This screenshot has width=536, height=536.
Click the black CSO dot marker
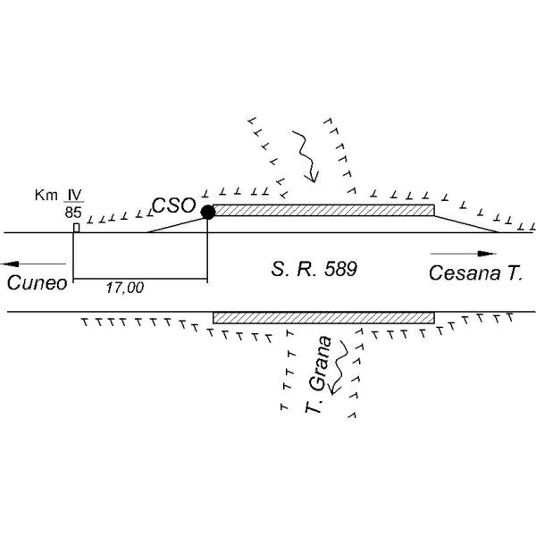tap(208, 213)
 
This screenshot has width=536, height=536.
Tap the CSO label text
tap(174, 205)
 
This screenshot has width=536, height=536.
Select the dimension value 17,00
tap(125, 288)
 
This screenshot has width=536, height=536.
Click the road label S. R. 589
tap(314, 269)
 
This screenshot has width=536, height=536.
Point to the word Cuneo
tap(37, 283)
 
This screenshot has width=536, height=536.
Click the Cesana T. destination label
tap(476, 272)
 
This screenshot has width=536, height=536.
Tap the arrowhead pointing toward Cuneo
tap(10, 264)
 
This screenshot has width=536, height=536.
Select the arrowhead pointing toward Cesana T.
tap(487, 254)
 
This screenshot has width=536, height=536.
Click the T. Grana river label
tap(319, 374)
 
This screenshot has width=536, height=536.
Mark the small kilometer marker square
tap(77, 228)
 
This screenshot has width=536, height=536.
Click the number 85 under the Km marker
tap(73, 213)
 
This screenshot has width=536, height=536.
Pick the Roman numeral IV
tap(74, 195)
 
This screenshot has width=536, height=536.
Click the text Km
tap(46, 195)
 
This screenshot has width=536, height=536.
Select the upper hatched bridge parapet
tap(323, 210)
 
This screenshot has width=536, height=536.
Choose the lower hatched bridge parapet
tap(323, 317)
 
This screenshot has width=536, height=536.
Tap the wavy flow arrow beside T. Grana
tap(338, 367)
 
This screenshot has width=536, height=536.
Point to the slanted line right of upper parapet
tap(466, 224)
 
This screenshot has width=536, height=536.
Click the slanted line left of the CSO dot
tap(176, 225)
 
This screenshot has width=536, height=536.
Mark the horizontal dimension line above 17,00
tap(140, 279)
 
